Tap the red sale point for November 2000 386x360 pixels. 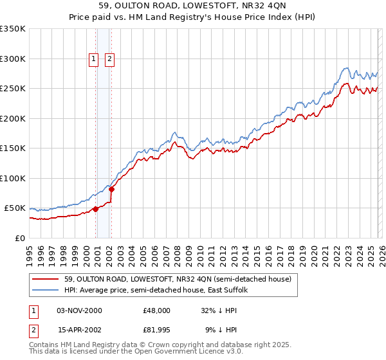point(96,209)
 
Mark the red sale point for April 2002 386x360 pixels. point(111,189)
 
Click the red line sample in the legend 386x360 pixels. point(46,279)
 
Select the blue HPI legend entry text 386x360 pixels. point(160,290)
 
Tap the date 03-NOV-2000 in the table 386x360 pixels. point(79,310)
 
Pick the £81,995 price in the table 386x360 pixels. point(157,330)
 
